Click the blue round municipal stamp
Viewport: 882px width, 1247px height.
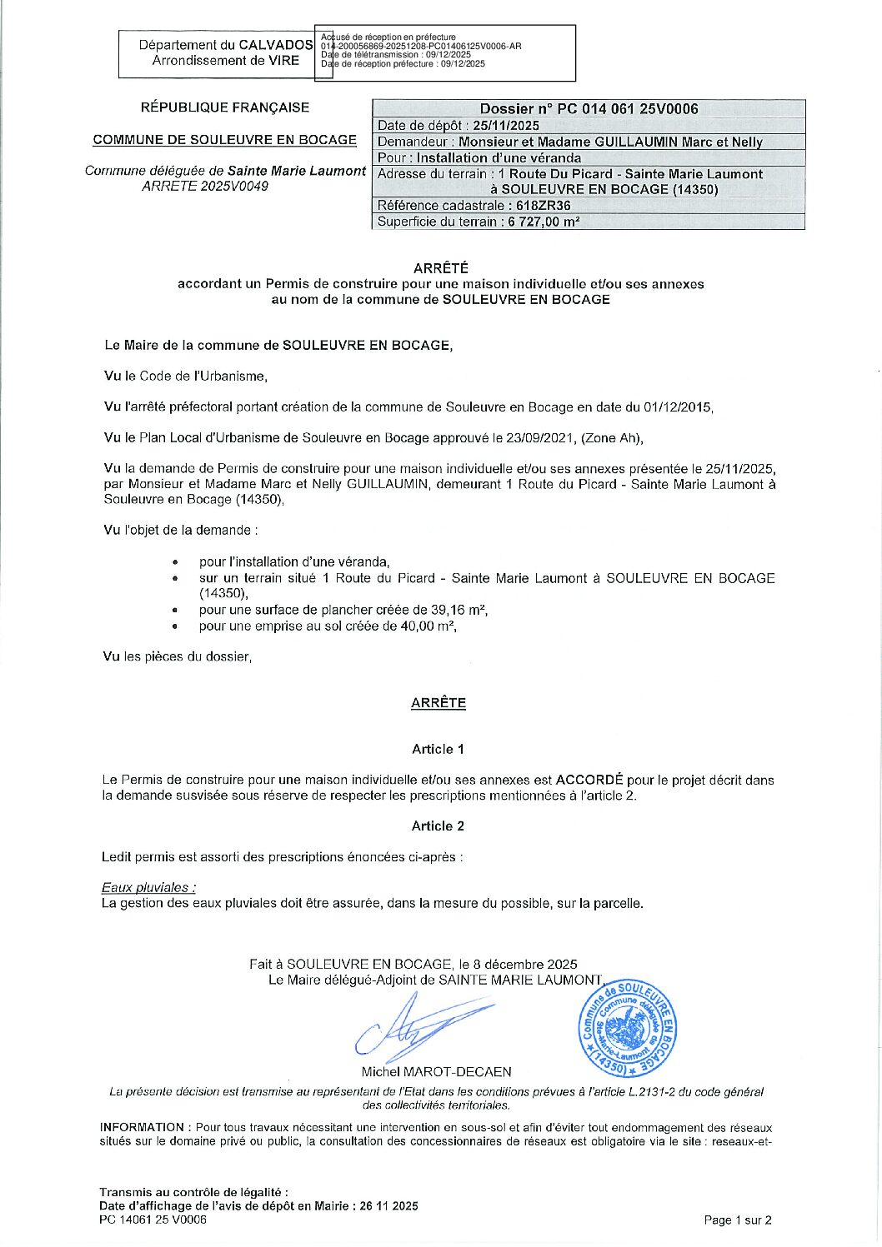629,1027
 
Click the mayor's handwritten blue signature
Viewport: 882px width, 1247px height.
421,1026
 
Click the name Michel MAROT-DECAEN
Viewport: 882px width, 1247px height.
436,1072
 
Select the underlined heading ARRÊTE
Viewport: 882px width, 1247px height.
438,703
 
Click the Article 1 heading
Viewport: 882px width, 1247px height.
438,750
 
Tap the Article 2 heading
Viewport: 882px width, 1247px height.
438,826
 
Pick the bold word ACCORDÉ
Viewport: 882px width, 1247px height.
589,781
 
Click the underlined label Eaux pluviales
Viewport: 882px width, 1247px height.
148,888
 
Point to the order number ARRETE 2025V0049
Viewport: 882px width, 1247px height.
205,187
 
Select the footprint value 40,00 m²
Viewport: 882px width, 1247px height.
426,626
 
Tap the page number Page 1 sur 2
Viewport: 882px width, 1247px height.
738,1220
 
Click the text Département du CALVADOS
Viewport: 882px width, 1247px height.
225,45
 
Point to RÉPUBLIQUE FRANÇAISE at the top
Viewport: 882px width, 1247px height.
225,107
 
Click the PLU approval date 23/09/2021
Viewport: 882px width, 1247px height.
541,438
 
